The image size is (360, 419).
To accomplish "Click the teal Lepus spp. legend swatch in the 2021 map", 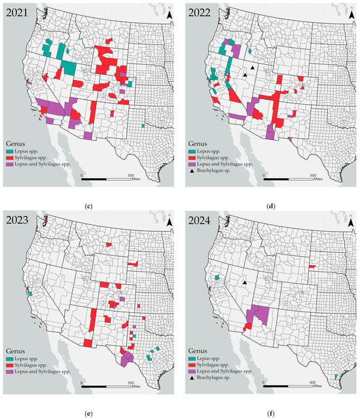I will pos(10,151).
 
